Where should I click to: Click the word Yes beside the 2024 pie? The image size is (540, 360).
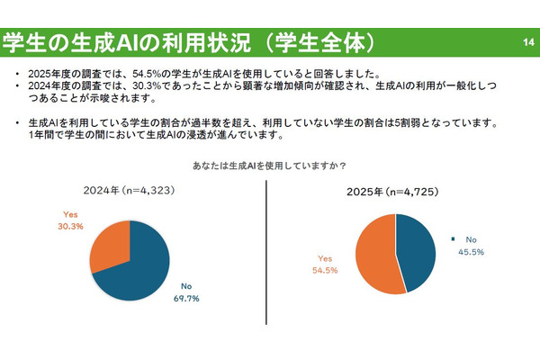coord(73,214)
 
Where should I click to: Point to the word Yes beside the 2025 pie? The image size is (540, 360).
coord(325,256)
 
